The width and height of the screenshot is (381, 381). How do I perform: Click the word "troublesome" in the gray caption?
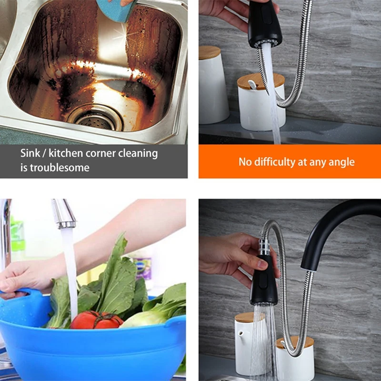pos(59,168)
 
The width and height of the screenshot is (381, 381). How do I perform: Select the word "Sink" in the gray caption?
pos(30,153)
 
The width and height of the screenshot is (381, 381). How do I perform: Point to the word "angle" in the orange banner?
pos(341,162)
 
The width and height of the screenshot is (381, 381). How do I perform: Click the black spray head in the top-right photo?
pos(264,24)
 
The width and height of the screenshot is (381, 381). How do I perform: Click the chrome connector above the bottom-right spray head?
pos(263,248)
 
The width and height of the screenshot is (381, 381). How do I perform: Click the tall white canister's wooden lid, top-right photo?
pos(210,52)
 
